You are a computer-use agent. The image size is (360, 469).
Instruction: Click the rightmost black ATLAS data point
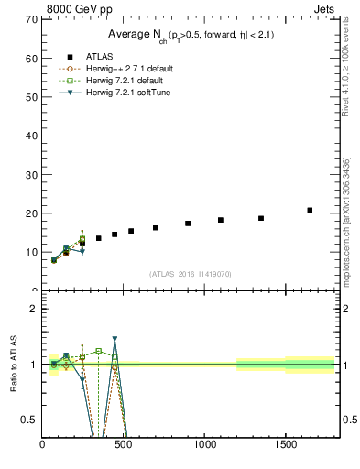click(x=310, y=210)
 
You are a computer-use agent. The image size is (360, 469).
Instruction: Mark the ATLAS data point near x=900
click(x=188, y=223)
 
